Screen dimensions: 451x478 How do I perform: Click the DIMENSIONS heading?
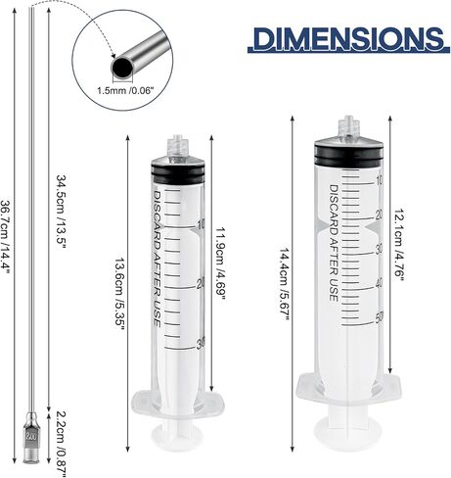point(349,40)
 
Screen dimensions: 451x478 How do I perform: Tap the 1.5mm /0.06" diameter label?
point(125,90)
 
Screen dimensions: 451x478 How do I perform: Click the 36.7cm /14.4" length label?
point(6,237)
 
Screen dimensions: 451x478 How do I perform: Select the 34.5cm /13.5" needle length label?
point(62,212)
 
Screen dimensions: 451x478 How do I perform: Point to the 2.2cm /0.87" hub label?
point(62,444)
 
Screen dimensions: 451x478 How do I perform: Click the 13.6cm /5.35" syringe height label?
point(119,294)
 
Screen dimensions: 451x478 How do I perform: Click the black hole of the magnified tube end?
point(122,68)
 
